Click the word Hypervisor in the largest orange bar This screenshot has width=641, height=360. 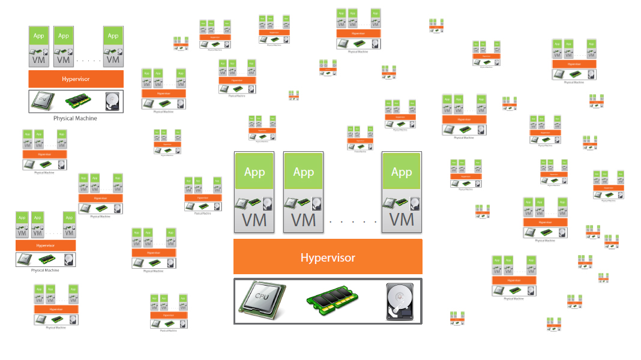328,257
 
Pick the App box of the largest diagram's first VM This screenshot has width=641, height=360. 254,172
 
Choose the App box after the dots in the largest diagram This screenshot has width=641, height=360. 402,172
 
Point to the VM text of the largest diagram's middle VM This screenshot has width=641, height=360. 303,220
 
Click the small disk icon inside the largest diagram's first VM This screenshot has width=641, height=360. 266,203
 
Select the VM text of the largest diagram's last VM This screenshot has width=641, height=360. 402,220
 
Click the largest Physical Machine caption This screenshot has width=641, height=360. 75,118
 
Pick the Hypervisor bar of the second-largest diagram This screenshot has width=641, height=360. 76,79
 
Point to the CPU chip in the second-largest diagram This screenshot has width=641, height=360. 46,101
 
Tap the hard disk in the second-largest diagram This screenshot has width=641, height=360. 112,100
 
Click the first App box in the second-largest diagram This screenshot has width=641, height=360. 39,36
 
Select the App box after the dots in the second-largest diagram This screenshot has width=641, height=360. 113,36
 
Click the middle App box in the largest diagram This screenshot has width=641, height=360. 303,172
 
